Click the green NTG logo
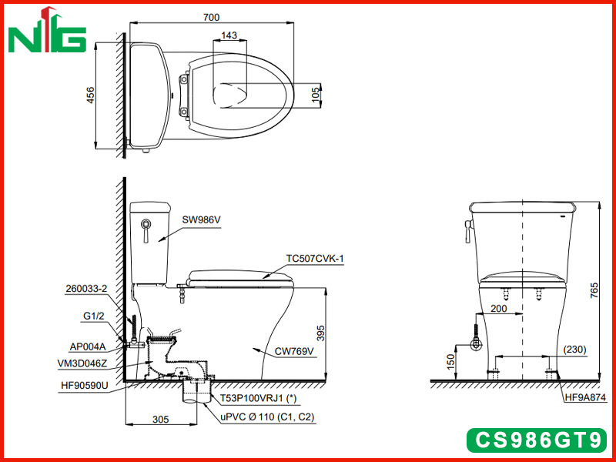(x=47, y=32)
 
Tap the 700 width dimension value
(x=211, y=17)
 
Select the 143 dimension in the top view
(x=229, y=35)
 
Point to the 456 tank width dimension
(x=90, y=95)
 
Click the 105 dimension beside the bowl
(x=316, y=95)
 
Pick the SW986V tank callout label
(x=201, y=220)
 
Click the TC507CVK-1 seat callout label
(x=315, y=259)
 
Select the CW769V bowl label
(x=294, y=351)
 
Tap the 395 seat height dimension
(x=320, y=333)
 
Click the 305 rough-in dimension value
(x=161, y=420)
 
